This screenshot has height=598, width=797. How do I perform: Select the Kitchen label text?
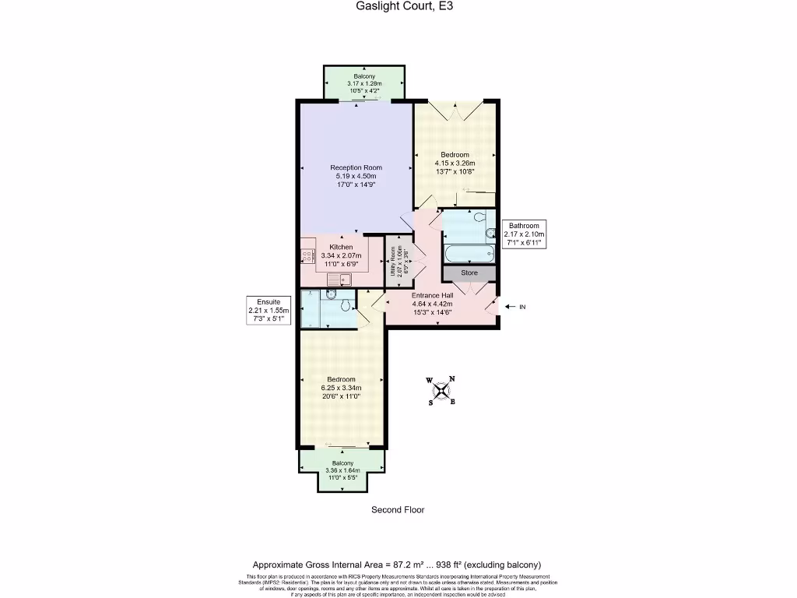341,247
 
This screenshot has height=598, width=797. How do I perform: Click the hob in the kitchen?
305,251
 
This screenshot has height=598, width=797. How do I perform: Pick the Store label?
469,273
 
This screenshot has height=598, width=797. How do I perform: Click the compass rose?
441,390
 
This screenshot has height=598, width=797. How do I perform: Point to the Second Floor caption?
398,510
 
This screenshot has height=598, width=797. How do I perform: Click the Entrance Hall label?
431,296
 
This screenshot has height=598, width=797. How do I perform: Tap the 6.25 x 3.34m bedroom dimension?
341,388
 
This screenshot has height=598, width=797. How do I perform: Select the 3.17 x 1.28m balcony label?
364,83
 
